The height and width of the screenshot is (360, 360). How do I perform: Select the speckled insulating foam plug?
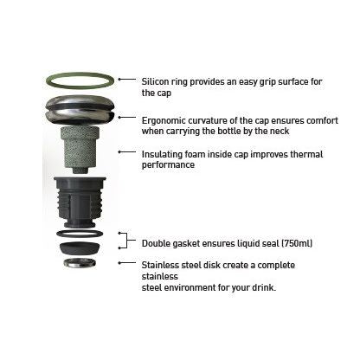coord(80,150)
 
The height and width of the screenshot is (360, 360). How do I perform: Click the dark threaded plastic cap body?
coord(80,202)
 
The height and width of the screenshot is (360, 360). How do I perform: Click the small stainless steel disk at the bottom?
coord(80,264)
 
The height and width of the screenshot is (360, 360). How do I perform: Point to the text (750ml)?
coord(297,243)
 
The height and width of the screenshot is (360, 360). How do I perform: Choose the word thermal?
coord(306,154)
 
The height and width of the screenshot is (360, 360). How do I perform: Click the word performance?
coord(168,165)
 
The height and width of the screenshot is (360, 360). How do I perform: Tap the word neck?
coord(280,131)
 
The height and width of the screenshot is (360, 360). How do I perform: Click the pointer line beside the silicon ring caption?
coord(127,79)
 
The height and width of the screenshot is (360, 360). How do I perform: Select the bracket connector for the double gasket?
coord(127,240)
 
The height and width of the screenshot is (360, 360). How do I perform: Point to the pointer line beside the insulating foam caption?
coord(127,151)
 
